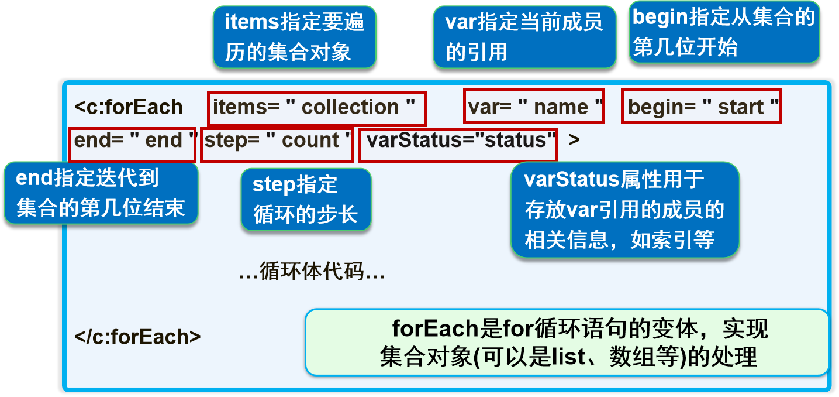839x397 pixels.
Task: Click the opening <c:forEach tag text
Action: coord(129,107)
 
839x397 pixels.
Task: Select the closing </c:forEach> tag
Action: coord(138,337)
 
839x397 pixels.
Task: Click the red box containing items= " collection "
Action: coord(316,108)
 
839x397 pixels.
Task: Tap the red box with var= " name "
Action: coord(533,106)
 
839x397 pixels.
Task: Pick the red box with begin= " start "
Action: coord(700,106)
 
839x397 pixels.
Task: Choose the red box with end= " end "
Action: coord(132,145)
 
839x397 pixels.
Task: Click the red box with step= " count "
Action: coord(277,145)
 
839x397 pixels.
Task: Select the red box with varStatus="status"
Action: coord(458,145)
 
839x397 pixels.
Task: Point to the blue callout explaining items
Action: coord(294,37)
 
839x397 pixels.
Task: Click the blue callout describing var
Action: coord(524,37)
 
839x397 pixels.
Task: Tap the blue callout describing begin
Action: coord(724,33)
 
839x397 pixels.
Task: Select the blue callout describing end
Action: coord(101,193)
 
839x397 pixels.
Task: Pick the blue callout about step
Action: coord(305,200)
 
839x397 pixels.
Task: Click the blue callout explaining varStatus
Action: coord(624,210)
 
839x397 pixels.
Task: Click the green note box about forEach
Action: coord(567,343)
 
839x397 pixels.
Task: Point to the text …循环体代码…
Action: coord(312,272)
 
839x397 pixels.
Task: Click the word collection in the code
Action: coord(350,108)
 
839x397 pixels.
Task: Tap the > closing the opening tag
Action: coord(574,141)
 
